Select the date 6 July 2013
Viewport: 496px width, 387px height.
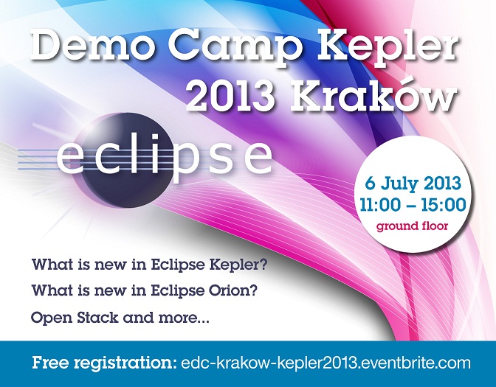pyautogui.click(x=413, y=184)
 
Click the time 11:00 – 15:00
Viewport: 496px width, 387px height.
pyautogui.click(x=413, y=205)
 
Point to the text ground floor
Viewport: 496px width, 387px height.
pyautogui.click(x=412, y=226)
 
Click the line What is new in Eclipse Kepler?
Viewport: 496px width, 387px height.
pyautogui.click(x=149, y=265)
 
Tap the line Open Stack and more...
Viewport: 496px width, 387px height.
pyautogui.click(x=120, y=317)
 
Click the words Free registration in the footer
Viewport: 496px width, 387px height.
pyautogui.click(x=104, y=363)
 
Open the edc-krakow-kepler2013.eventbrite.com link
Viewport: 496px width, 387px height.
pyautogui.click(x=325, y=363)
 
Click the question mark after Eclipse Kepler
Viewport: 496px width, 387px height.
pyautogui.click(x=263, y=264)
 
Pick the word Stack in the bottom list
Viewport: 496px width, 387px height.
pyautogui.click(x=97, y=317)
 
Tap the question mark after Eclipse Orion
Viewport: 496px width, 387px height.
pyautogui.click(x=253, y=290)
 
